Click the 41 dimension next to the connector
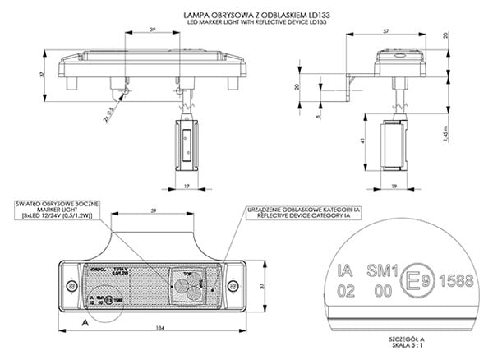tap(365, 141)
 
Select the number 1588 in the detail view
tap(458, 280)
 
